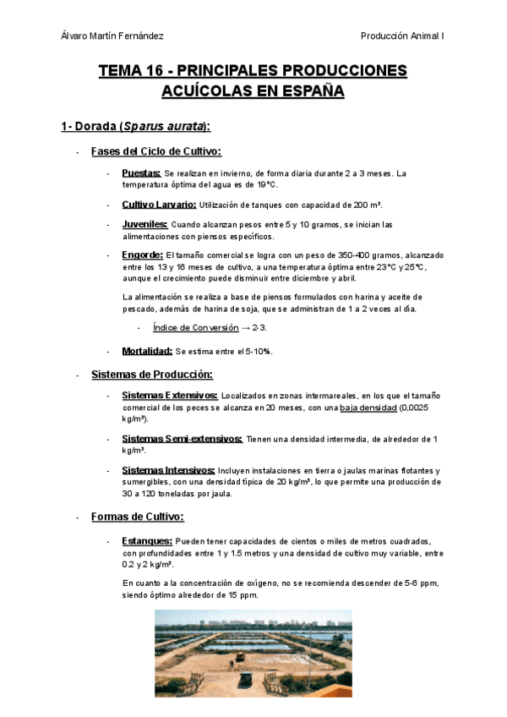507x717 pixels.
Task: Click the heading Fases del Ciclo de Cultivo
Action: point(155,152)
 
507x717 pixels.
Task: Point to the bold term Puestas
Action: point(141,173)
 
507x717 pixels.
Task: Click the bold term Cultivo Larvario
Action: point(159,205)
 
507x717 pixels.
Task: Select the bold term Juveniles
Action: point(144,225)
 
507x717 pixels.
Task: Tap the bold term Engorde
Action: point(142,255)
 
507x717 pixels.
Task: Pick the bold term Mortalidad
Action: point(147,351)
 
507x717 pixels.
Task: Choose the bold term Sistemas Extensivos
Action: point(170,396)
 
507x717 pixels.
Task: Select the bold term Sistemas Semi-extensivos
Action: point(182,439)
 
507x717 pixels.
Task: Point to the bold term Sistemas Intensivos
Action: point(168,470)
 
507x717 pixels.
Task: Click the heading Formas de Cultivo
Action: point(137,516)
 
